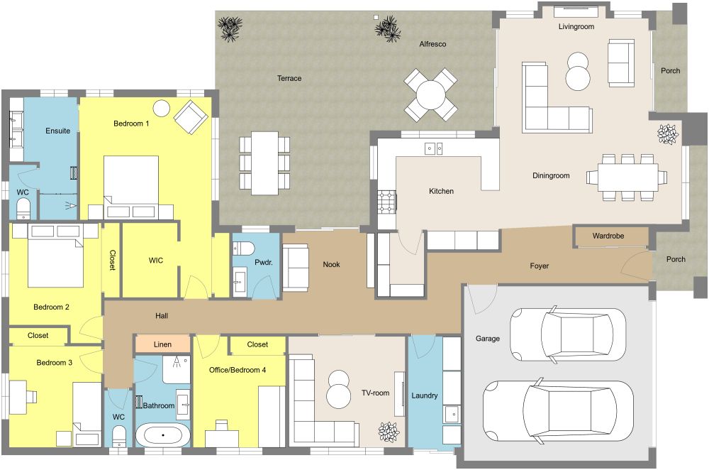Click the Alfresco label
click(x=432, y=44)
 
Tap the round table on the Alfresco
click(x=430, y=94)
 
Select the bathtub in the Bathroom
click(x=163, y=435)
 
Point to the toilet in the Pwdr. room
click(x=243, y=248)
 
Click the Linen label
click(x=162, y=344)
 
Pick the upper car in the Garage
click(x=567, y=334)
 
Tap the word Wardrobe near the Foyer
click(x=611, y=235)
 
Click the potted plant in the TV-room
click(x=388, y=430)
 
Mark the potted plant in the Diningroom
click(x=666, y=133)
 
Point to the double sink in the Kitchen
click(x=433, y=148)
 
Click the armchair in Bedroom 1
click(x=190, y=117)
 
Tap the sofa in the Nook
click(x=295, y=268)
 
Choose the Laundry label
click(x=425, y=395)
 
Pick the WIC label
click(x=156, y=261)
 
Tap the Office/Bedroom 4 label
click(x=238, y=370)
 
